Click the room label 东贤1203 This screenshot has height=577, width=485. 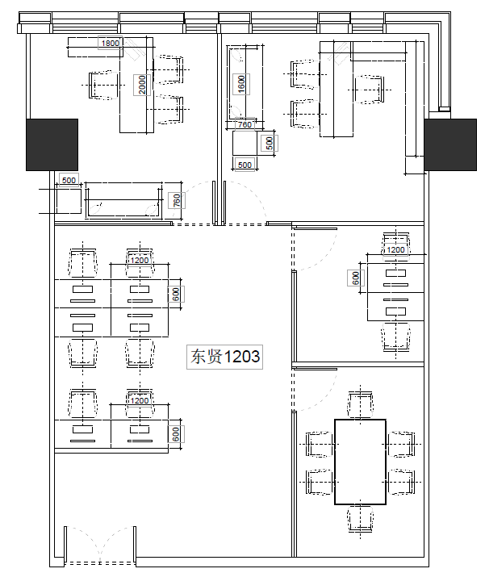224,357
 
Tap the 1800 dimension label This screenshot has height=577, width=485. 111,43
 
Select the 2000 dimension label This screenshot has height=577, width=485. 142,85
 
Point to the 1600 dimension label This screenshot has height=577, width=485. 241,84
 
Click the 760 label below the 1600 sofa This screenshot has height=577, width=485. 245,124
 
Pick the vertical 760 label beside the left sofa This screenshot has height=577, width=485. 177,201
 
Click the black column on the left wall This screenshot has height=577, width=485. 52,144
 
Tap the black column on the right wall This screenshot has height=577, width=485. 450,144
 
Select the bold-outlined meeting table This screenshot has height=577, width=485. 360,462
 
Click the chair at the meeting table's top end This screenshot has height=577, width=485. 360,405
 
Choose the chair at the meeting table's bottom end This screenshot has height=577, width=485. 360,519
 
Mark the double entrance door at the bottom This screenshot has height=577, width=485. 100,546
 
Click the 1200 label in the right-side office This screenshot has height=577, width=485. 395,249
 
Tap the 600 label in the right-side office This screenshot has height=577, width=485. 356,278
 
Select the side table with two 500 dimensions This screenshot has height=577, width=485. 245,143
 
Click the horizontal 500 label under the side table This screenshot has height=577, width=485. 245,165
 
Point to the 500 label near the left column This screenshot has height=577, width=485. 69,180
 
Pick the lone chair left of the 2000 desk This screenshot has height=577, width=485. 103,85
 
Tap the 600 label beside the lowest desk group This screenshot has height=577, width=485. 176,434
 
